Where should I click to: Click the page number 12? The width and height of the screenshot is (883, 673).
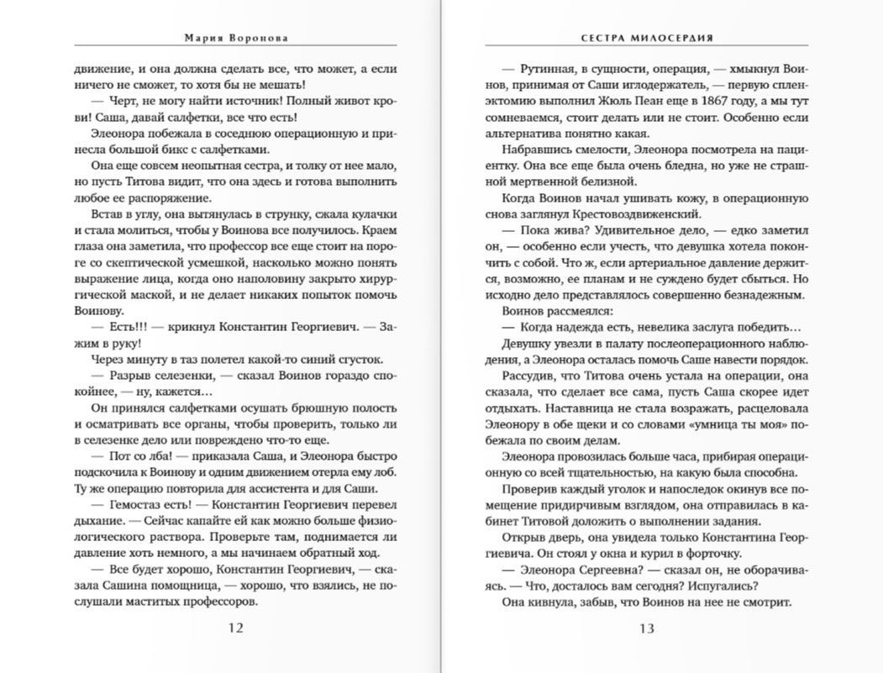[235, 628]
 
